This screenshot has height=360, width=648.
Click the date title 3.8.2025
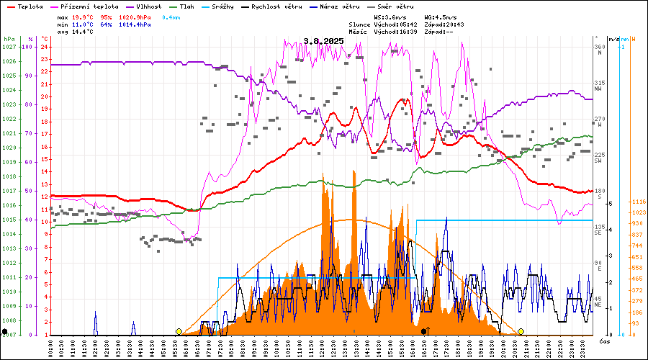[x=323, y=41]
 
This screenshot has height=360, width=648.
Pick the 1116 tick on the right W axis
[x=637, y=202]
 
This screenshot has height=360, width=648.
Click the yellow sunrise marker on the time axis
[x=179, y=331]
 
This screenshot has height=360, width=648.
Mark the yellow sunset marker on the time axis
[x=521, y=331]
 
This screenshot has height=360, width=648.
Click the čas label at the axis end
[x=605, y=339]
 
